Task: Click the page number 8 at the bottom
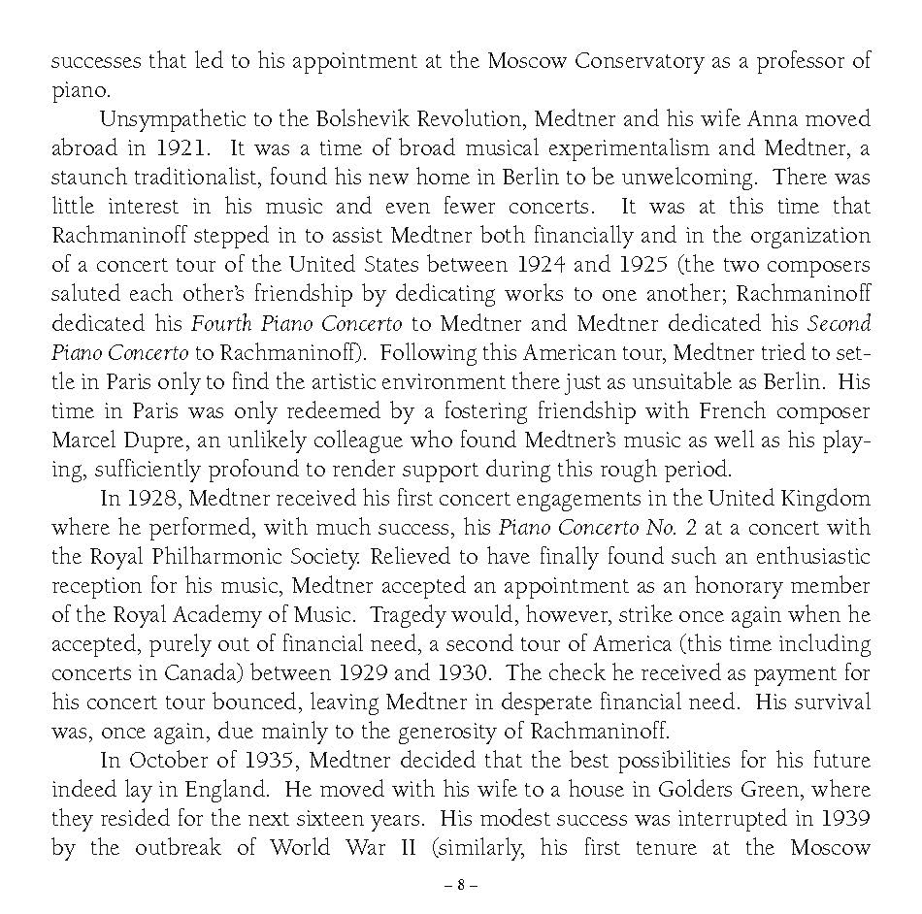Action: (x=461, y=885)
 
